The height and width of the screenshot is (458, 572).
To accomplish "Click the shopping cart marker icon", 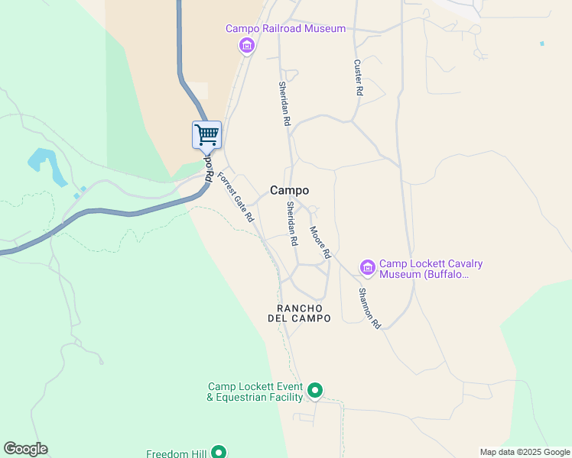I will click(206, 135).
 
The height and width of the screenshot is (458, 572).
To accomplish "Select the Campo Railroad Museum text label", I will click(285, 29).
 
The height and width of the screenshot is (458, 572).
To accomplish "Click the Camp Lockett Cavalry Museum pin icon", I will click(368, 267).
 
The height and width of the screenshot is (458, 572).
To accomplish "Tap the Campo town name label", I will click(290, 191).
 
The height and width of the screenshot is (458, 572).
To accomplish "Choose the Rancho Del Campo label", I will click(299, 313).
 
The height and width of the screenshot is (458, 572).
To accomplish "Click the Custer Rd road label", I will click(358, 78).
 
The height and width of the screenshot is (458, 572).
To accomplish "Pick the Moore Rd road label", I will click(320, 241).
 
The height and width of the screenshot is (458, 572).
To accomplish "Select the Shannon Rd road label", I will click(369, 308).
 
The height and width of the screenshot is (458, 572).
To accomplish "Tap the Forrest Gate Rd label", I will click(236, 197).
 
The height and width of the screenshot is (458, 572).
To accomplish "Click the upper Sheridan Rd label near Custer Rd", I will click(284, 104).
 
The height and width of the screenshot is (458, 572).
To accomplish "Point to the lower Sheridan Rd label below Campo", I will click(291, 224).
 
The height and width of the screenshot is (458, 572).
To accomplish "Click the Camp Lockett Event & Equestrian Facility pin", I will click(314, 392).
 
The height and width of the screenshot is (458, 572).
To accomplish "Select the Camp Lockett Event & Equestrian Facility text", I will click(255, 392).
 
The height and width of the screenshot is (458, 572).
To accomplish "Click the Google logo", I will click(25, 449).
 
